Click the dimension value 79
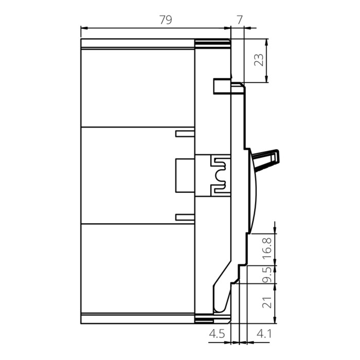click(165, 20)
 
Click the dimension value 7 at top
click(239, 20)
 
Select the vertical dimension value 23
click(260, 60)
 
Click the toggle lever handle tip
click(278, 154)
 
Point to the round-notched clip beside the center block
click(220, 175)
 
